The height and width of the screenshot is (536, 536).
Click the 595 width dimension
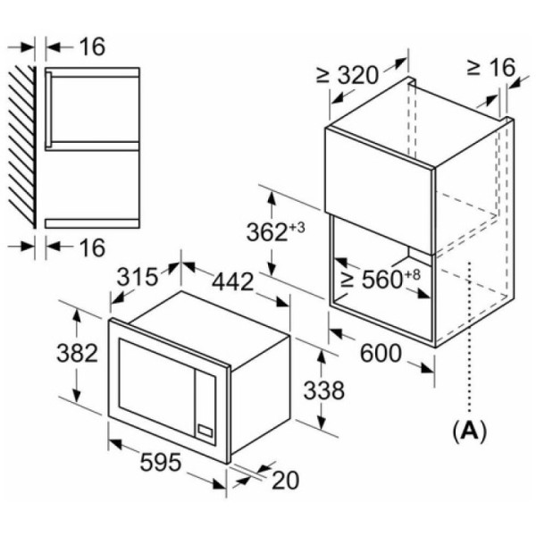(160, 462)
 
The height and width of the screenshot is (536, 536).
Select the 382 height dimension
(77, 353)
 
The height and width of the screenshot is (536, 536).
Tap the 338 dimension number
(324, 390)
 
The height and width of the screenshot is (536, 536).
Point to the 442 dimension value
(233, 281)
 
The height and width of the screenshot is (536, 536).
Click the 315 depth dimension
(137, 276)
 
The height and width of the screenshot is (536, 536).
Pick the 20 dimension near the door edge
(286, 480)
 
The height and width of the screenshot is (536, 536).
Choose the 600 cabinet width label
(381, 353)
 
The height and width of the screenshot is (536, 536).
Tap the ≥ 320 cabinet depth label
(348, 75)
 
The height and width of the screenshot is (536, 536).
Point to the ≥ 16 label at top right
(490, 67)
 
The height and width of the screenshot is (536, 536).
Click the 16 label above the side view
(92, 46)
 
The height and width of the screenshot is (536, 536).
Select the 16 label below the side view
(92, 247)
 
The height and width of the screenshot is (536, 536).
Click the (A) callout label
(469, 431)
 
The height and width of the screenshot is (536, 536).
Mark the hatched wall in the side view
(22, 147)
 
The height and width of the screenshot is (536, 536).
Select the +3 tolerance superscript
(297, 228)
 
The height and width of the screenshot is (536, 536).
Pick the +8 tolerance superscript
(412, 274)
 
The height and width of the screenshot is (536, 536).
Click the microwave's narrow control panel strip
(205, 406)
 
